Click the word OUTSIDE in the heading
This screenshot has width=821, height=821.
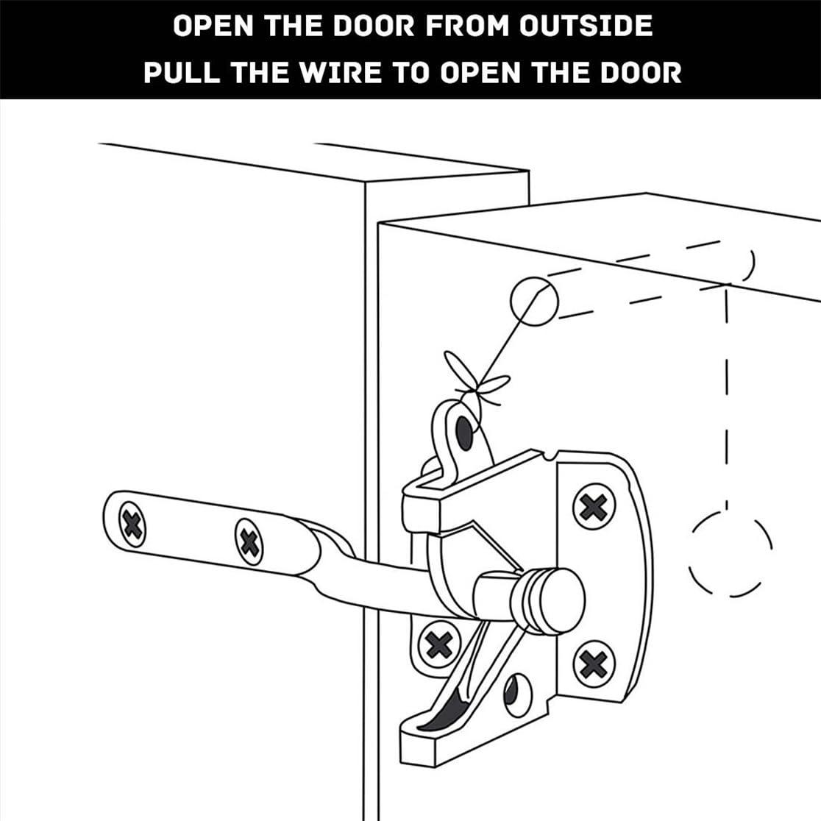coord(586,26)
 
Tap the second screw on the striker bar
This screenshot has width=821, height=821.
coord(250,541)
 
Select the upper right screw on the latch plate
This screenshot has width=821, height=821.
coord(594,506)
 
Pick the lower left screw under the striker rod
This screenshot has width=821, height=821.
coord(438,644)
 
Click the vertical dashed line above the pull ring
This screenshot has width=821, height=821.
coord(726,397)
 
